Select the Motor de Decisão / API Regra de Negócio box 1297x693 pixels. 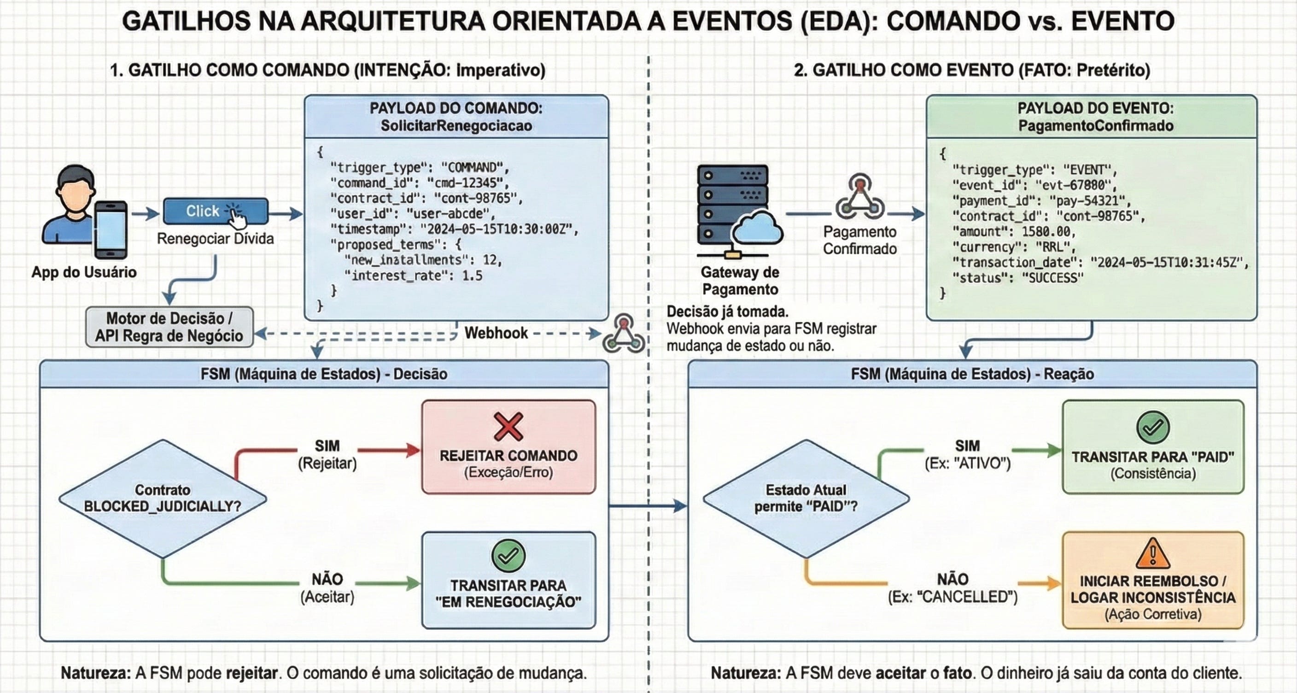(x=169, y=327)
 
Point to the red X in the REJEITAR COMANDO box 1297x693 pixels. (x=508, y=427)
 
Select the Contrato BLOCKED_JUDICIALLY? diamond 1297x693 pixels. (x=163, y=498)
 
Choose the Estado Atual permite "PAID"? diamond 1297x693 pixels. (x=806, y=498)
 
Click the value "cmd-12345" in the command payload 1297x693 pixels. (x=465, y=183)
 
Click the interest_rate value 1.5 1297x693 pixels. (x=472, y=276)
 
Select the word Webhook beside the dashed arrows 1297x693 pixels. (x=496, y=333)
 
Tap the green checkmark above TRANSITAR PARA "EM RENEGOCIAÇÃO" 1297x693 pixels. (x=508, y=556)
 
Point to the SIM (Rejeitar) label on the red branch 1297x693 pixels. (x=327, y=454)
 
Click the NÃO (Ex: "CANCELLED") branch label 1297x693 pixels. (x=952, y=588)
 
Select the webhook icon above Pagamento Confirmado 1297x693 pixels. (x=860, y=197)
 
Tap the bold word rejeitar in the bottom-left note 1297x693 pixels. (x=252, y=673)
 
